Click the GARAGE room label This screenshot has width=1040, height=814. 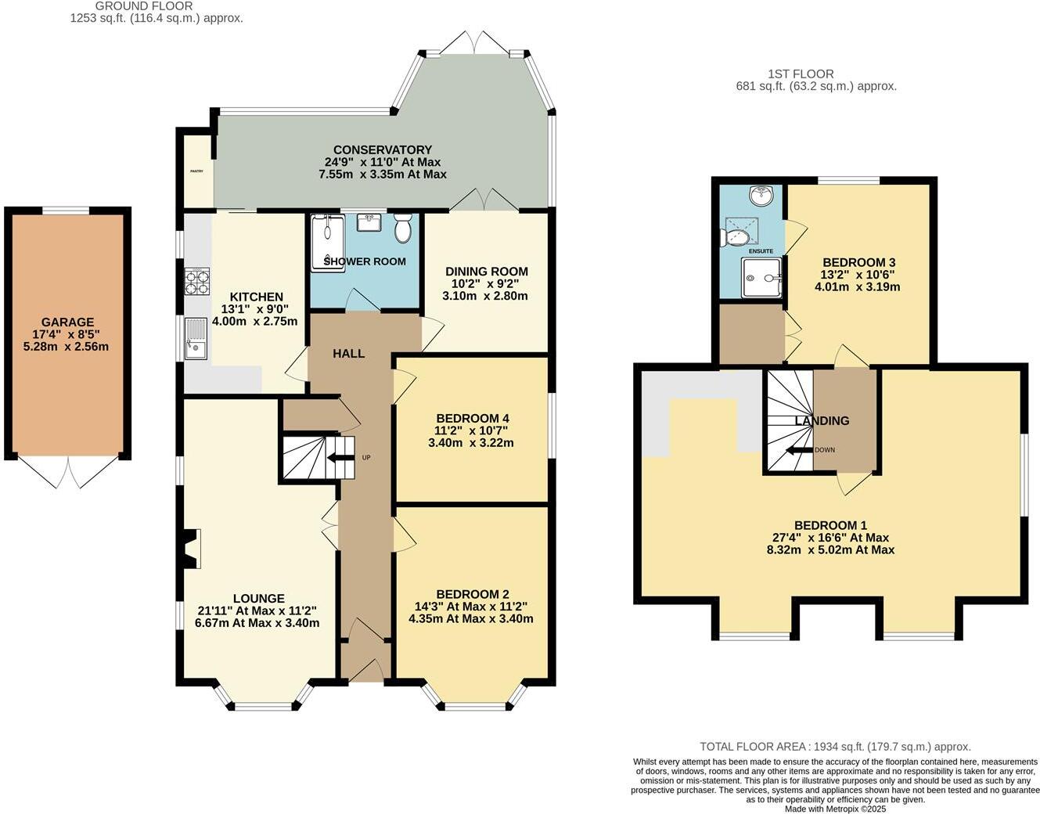(67, 322)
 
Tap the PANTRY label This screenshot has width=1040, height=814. (196, 171)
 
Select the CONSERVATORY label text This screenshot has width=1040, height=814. (382, 149)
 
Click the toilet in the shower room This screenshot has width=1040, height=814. (403, 229)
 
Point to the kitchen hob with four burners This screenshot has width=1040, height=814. (197, 281)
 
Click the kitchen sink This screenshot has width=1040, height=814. (196, 339)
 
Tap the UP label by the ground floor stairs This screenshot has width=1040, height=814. (365, 457)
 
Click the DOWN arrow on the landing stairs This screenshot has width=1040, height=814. (798, 450)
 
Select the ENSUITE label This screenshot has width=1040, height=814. (761, 251)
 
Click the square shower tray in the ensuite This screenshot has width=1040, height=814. (761, 278)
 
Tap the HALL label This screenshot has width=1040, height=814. (348, 354)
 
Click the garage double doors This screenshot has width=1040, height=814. (68, 472)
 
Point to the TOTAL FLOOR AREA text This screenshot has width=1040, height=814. (834, 747)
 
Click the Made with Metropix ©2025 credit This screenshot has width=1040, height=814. (835, 809)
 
